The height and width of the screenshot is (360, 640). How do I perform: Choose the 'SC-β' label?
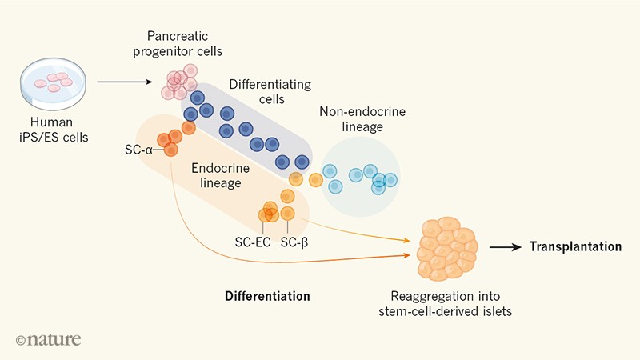[295, 242]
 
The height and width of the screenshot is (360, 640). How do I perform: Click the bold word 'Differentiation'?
[267, 296]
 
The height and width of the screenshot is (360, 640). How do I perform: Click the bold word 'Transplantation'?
[574, 247]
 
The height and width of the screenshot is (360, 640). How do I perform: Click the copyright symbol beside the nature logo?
[21, 340]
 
